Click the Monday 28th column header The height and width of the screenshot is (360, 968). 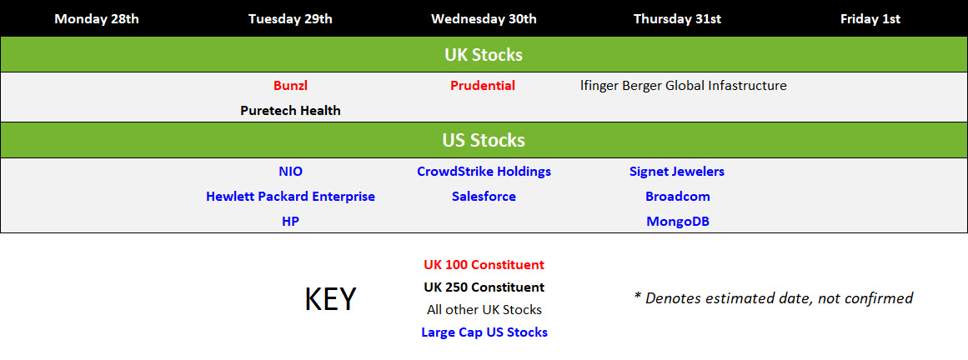pos(97,19)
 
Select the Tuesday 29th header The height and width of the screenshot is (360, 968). pos(290,19)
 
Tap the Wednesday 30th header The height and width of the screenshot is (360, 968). pos(484,19)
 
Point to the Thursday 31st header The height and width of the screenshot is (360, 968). pos(677,19)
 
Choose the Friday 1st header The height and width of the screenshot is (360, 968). pos(870,19)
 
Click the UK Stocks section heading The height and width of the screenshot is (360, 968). pos(484,55)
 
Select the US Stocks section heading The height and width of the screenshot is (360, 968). pos(484,140)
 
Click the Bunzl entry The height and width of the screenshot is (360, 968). pos(290,86)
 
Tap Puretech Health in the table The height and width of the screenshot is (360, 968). pos(290,111)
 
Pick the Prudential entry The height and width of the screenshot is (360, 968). pos(483,86)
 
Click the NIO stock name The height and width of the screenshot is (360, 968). pos(291,171)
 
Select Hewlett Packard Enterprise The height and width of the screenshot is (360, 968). pos(290,197)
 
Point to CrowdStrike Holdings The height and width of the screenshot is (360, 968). pos(484,171)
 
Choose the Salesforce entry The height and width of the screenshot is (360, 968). pos(484,197)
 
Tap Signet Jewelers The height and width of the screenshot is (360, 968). pos(677,171)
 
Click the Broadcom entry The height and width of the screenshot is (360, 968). pos(678,197)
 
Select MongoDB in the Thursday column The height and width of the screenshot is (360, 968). pos(678,221)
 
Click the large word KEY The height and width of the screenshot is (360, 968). pos(330,299)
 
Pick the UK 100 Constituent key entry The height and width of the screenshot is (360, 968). pos(484,265)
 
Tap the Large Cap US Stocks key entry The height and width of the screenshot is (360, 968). pos(484,332)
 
